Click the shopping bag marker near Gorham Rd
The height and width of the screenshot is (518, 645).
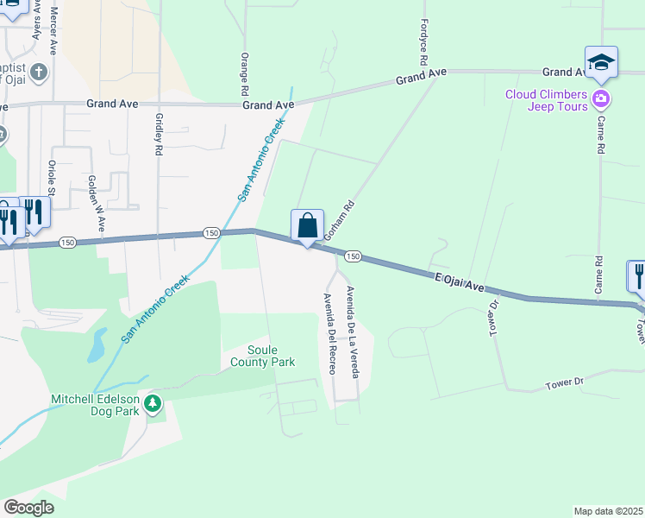tap(308, 226)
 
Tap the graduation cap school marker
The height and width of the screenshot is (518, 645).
tap(601, 63)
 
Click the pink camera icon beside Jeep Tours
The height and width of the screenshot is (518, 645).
tap(601, 99)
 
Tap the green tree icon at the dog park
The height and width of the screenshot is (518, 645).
tap(153, 403)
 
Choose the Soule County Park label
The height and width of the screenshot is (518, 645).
tap(263, 356)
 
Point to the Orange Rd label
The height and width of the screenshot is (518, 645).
tap(245, 73)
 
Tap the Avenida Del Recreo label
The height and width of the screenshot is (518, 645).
tap(329, 333)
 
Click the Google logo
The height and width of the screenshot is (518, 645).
tap(28, 508)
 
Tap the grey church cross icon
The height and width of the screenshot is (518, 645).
tap(39, 73)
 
